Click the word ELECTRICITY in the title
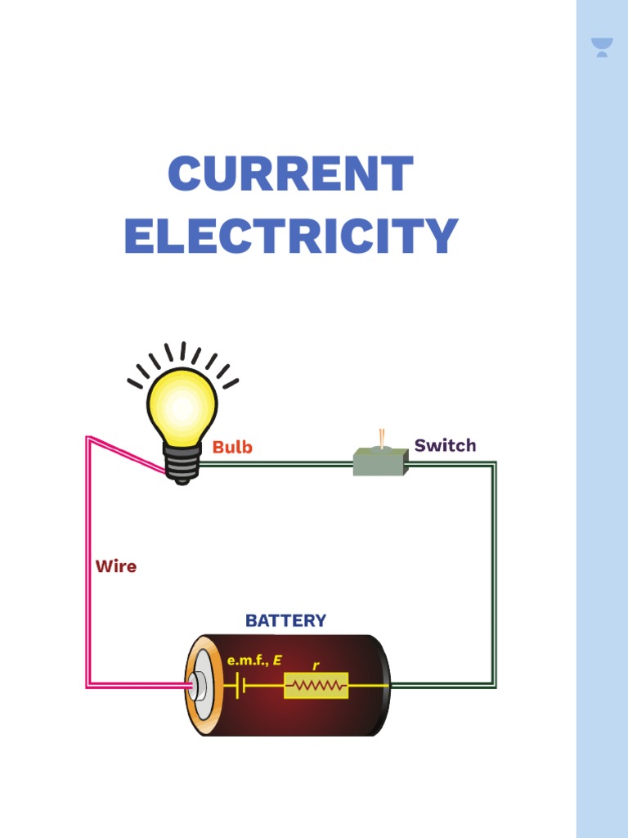(290, 236)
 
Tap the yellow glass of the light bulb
(182, 406)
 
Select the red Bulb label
(232, 448)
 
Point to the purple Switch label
(445, 446)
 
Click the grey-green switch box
(379, 462)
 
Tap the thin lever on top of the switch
(380, 437)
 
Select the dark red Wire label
(116, 566)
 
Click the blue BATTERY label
(285, 621)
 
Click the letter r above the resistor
(316, 666)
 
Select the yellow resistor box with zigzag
(316, 686)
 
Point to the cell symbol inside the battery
(237, 686)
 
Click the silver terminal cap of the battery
(197, 686)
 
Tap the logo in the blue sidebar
(602, 47)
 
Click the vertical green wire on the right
(494, 573)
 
